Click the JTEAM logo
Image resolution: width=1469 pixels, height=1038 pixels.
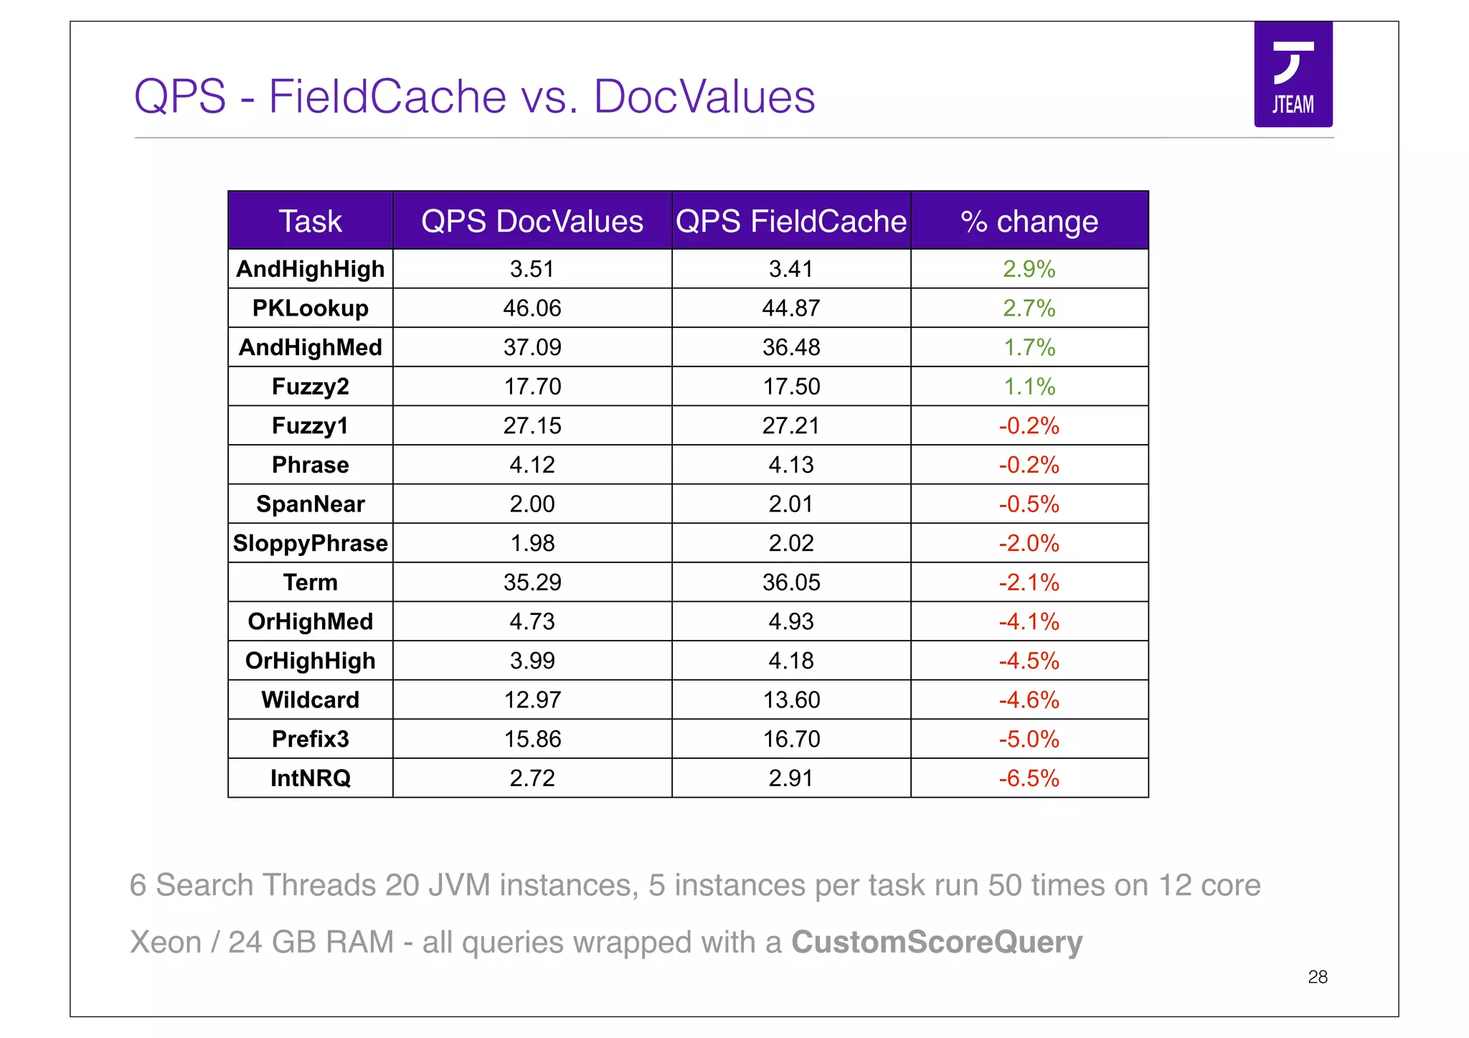1293,75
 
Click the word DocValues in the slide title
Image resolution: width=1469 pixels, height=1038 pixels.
704,96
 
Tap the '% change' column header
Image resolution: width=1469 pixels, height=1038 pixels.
1029,222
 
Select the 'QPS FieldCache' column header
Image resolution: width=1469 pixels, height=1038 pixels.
790,222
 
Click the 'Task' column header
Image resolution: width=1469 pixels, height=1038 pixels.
310,222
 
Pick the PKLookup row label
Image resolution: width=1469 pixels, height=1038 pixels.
310,308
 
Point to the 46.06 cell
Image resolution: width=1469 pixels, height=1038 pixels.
532,308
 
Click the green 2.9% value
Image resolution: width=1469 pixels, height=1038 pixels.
1029,269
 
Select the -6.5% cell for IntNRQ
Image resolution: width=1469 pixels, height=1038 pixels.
1029,778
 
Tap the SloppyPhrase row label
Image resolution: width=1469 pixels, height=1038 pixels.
310,544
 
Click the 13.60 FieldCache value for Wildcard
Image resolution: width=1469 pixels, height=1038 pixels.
790,700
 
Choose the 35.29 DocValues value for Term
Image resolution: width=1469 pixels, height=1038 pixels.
532,582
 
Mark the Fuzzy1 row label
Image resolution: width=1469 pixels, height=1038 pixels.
310,426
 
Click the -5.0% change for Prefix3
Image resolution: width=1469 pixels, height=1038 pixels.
1029,739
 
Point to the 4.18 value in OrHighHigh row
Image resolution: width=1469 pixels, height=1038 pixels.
790,661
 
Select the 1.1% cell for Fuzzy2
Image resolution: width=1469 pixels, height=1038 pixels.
1029,387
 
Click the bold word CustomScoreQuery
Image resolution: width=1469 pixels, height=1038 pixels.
936,943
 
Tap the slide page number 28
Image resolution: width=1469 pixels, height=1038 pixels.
1317,977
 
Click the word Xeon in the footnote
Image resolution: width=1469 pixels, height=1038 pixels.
166,943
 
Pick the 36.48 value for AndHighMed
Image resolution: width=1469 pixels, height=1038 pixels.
790,348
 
